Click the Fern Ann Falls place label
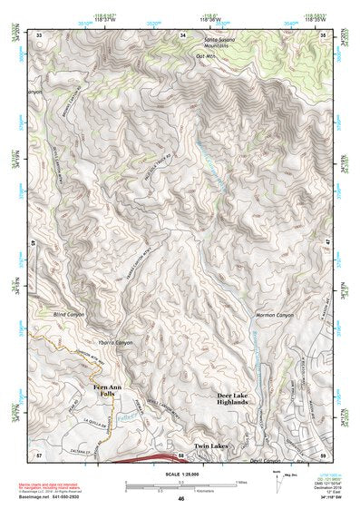106,390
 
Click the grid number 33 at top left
39,34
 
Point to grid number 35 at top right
324,34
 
